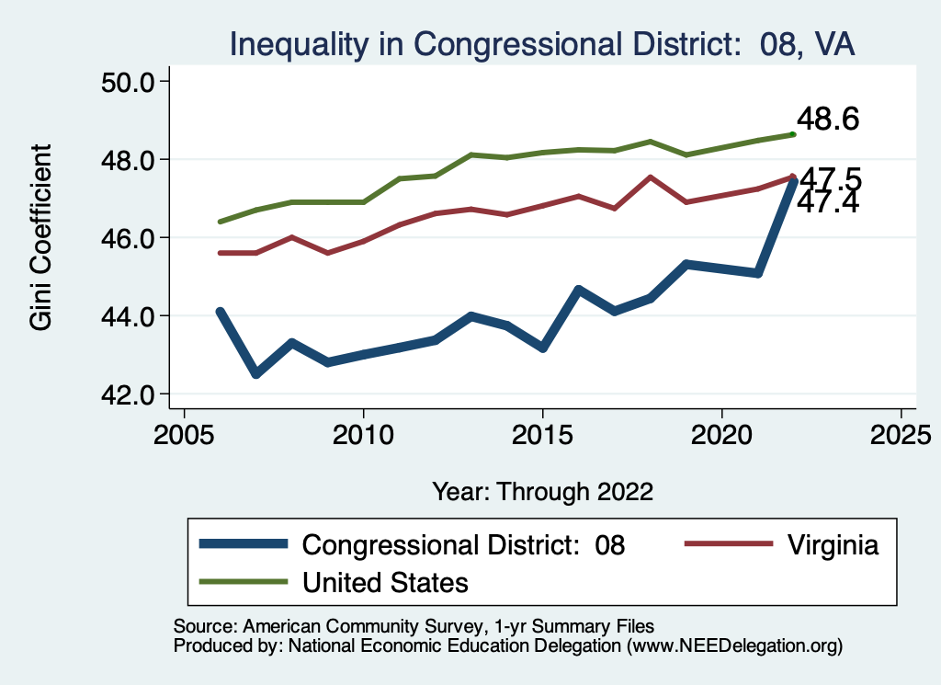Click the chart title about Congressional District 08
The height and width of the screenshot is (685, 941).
point(542,43)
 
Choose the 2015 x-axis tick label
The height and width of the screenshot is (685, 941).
point(542,434)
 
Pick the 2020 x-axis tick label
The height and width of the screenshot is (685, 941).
point(721,434)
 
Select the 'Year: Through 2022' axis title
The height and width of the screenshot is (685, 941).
point(542,491)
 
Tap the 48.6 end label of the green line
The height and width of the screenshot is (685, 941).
point(827,120)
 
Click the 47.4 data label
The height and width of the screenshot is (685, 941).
point(827,203)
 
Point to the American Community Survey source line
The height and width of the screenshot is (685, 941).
point(414,625)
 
